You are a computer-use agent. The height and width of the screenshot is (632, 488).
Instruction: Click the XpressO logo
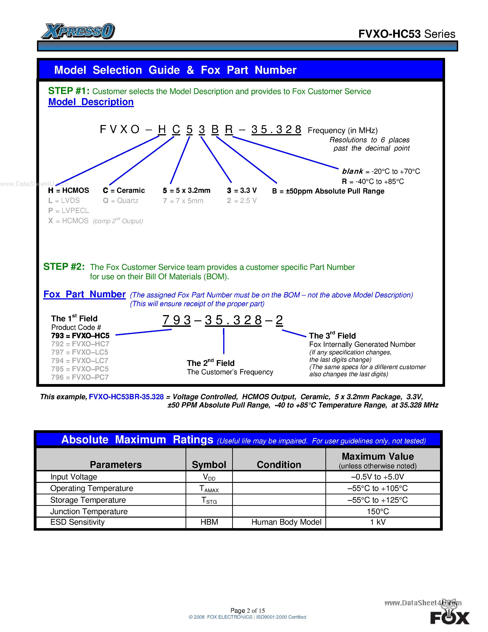tap(78, 31)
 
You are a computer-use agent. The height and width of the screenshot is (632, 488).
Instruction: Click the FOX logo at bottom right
tap(450, 618)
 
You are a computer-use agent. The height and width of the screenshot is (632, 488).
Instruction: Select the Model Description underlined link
tap(91, 102)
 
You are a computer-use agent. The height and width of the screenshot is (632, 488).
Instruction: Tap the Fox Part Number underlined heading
tap(85, 294)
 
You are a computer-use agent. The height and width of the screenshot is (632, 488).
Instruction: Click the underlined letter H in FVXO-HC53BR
tap(162, 129)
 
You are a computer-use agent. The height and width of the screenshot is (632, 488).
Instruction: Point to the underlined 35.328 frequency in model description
tap(276, 129)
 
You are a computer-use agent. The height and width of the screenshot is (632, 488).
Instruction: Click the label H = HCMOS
tap(68, 191)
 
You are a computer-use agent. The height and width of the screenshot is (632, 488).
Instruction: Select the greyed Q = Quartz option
tap(121, 201)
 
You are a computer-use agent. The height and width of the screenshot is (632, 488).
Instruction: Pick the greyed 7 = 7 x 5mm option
tap(183, 201)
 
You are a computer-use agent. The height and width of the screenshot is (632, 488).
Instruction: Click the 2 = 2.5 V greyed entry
tap(242, 201)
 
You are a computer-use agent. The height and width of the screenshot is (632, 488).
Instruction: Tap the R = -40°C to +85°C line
tap(373, 181)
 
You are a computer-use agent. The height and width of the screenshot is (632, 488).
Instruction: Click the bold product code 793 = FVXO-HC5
tap(80, 336)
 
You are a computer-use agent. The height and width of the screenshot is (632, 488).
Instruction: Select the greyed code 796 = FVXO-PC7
tap(80, 377)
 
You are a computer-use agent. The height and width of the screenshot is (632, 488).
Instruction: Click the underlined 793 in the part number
tap(176, 320)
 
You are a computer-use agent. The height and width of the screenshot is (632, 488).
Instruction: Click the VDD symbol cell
tap(209, 477)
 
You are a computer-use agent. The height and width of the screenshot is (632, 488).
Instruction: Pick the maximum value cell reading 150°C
tap(378, 512)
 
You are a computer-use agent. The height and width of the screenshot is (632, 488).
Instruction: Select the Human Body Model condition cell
tap(286, 522)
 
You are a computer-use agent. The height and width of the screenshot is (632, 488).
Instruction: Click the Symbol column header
tap(209, 464)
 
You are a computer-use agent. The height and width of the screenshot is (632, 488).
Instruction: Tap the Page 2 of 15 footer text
tap(248, 611)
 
